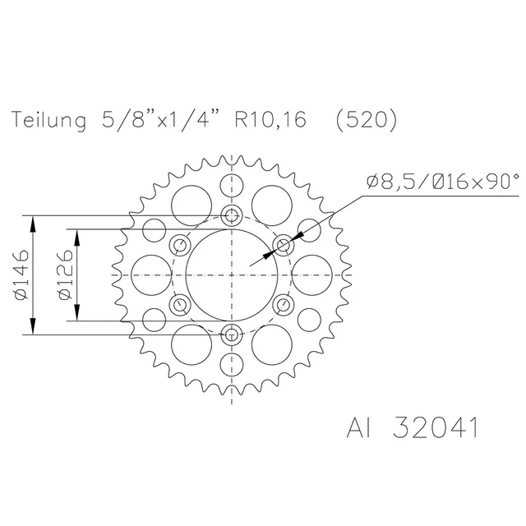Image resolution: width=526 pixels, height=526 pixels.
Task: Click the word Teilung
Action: click(49, 120)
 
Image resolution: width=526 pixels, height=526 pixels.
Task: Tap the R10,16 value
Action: click(270, 120)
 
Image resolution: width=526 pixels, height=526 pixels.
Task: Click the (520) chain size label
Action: click(367, 120)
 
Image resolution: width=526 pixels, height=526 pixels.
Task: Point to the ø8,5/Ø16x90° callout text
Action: click(443, 182)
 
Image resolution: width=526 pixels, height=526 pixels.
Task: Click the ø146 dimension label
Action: click(21, 275)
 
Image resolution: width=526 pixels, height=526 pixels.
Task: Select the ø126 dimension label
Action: click(65, 275)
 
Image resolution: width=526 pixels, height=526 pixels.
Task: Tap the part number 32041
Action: click(436, 427)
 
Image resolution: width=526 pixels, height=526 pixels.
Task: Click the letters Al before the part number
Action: click(359, 427)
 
